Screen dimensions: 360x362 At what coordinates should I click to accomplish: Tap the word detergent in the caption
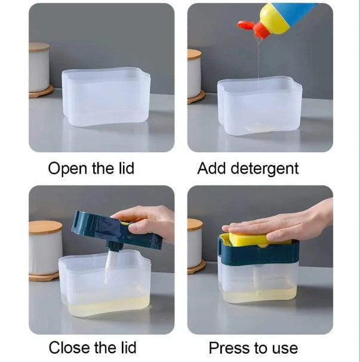pyautogui.click(x=264, y=169)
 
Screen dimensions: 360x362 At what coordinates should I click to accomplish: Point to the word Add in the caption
pyautogui.click(x=211, y=168)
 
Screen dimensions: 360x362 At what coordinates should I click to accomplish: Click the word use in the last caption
pyautogui.click(x=285, y=349)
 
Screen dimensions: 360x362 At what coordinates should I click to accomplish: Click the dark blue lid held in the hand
pyautogui.click(x=111, y=230)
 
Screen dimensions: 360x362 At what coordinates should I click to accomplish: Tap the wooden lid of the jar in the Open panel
pyautogui.click(x=39, y=47)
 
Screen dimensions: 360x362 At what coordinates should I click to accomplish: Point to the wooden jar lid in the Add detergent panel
pyautogui.click(x=194, y=55)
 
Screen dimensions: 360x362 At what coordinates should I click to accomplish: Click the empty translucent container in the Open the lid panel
pyautogui.click(x=106, y=97)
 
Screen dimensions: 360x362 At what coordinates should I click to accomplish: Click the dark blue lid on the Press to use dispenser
pyautogui.click(x=259, y=252)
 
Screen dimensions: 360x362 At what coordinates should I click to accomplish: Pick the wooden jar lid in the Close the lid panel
pyautogui.click(x=45, y=227)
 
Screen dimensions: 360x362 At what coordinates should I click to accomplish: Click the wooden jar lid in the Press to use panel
pyautogui.click(x=195, y=224)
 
